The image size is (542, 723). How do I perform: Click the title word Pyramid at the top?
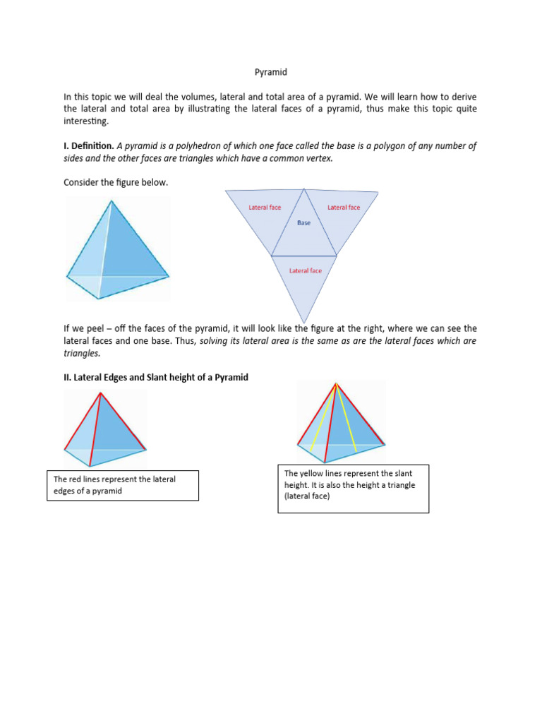click(x=270, y=72)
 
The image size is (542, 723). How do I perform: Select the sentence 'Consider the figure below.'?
click(x=116, y=183)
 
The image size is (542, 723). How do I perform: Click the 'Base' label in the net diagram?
click(x=303, y=223)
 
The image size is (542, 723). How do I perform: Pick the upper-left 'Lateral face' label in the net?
click(x=265, y=208)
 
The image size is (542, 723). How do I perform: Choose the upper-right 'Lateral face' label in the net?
click(x=344, y=208)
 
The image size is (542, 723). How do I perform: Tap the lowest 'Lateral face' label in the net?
click(x=306, y=270)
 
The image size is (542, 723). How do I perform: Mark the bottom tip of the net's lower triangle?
click(x=304, y=323)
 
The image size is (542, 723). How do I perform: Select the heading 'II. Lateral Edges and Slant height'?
click(x=156, y=378)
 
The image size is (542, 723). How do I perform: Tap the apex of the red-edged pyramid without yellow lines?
click(x=100, y=393)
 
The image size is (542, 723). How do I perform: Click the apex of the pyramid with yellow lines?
click(x=337, y=384)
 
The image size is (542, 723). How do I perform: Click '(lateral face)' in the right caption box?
click(x=308, y=496)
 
